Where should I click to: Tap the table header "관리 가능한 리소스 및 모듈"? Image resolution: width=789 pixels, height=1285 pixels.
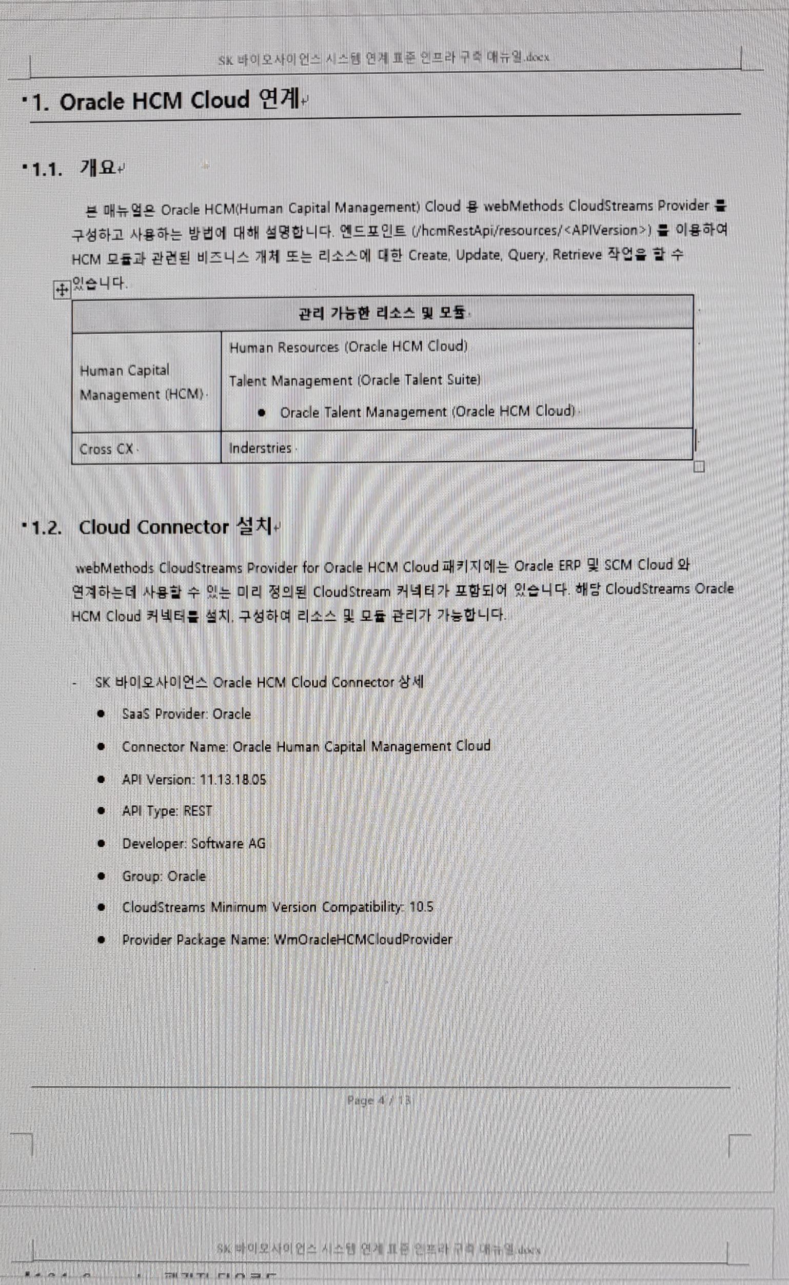(382, 313)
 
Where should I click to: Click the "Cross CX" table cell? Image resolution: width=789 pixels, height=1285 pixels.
(107, 449)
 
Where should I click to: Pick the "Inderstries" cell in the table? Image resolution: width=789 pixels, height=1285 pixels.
(260, 448)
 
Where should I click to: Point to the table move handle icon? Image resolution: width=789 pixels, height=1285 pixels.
(62, 290)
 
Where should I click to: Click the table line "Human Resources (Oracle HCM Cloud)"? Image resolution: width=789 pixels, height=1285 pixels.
(348, 347)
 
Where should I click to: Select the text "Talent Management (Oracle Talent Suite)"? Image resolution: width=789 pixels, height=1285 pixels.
(354, 380)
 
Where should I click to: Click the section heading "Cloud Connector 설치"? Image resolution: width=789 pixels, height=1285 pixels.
(175, 527)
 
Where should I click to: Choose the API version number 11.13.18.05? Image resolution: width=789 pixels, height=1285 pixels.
(233, 780)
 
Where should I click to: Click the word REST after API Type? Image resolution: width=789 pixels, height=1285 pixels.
(198, 811)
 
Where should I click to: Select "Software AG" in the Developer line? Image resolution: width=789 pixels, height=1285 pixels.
(228, 843)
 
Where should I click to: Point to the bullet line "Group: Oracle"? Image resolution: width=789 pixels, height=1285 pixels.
(163, 876)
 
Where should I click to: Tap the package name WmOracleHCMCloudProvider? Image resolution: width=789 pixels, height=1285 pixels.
(363, 940)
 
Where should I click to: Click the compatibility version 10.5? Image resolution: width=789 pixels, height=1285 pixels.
(421, 907)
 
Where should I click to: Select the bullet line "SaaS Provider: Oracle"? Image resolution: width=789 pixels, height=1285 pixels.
(186, 714)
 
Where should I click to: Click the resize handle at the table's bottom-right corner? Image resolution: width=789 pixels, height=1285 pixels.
(699, 467)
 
